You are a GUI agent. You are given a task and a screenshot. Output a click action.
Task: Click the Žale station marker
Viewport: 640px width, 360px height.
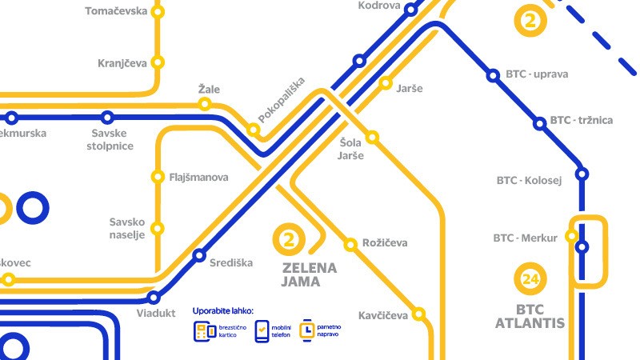pos(206,103)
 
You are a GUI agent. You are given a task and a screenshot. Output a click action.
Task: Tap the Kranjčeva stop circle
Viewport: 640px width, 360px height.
pos(158,62)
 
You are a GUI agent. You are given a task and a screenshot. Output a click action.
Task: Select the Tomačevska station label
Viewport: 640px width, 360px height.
pos(116,11)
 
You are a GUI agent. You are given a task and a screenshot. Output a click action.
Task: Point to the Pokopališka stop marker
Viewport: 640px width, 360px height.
pos(254,130)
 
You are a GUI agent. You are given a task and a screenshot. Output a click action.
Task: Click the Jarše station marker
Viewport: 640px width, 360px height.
pos(385,83)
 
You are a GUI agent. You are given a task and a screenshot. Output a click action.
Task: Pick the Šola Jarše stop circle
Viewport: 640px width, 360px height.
pos(372,137)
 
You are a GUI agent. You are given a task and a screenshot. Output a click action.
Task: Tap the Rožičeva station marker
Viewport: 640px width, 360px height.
pos(350,243)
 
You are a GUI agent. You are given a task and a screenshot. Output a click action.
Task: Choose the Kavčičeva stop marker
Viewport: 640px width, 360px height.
pos(418,313)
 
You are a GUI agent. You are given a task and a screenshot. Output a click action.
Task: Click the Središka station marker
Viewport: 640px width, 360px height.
pos(199,256)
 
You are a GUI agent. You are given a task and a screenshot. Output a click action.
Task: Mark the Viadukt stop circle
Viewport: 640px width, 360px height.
pos(154,297)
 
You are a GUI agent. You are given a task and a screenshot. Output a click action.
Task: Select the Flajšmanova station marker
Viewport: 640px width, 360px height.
pos(158,177)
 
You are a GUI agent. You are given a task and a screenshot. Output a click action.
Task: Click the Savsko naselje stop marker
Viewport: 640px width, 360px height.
pos(158,228)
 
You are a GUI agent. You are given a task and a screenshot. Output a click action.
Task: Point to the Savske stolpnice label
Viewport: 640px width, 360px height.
pos(112,140)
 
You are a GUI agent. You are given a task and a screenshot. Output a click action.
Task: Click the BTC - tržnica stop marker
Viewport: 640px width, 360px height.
pos(538,122)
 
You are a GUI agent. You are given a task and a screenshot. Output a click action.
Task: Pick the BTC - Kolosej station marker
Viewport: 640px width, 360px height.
pos(582,174)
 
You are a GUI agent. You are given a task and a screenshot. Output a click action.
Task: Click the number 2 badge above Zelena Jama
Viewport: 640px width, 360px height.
pos(290,238)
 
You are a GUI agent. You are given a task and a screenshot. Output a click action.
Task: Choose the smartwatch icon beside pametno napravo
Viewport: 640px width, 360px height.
pos(307,330)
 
